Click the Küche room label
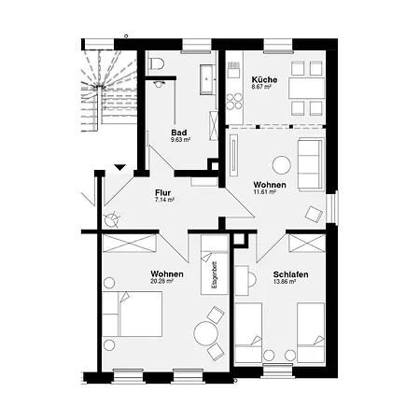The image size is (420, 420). click(264, 79)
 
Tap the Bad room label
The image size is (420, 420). click(179, 133)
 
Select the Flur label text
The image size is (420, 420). click(163, 193)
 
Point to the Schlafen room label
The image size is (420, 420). click(290, 274)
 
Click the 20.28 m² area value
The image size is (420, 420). click(161, 281)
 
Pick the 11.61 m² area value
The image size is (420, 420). click(265, 191)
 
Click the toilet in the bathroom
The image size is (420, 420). click(157, 63)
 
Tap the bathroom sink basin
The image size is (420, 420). click(207, 79)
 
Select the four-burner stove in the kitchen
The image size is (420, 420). click(234, 102)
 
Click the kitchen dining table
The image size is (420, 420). click(307, 89)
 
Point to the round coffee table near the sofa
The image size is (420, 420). click(282, 165)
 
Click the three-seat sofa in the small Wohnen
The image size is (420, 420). click(311, 165)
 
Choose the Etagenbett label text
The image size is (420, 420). click(215, 274)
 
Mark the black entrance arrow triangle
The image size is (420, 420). click(119, 168)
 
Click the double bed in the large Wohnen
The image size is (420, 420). click(133, 314)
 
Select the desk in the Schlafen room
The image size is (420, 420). click(242, 280)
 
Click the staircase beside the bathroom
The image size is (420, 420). click(109, 91)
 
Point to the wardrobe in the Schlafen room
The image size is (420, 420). click(307, 244)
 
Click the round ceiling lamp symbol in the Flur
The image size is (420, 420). click(111, 220)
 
